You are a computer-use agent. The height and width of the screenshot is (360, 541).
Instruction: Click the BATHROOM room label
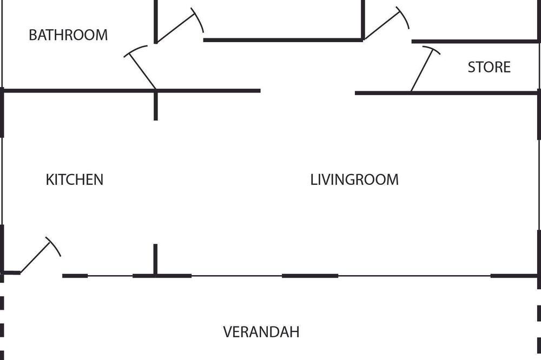[x=68, y=35]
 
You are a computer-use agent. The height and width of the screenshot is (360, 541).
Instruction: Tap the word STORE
[x=489, y=67]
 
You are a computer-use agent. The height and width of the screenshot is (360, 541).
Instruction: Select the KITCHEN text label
[x=75, y=179]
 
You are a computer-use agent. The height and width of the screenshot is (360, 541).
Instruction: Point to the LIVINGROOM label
[x=354, y=179]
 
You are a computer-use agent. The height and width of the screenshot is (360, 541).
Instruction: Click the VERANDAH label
[x=261, y=332]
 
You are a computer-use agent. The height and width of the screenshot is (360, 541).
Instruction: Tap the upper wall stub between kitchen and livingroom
[x=156, y=105]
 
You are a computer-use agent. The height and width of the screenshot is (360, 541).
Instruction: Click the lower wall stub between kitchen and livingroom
[x=155, y=259]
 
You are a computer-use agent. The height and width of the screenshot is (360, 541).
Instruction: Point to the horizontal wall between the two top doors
[x=283, y=40]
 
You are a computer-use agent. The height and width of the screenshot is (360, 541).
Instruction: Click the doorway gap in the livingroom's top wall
[x=307, y=92]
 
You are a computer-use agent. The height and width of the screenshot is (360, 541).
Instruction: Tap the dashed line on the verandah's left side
[x=2, y=324]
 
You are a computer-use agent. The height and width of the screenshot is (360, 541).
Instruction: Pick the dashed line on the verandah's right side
[x=539, y=324]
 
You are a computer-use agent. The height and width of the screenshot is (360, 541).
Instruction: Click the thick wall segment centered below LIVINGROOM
[x=310, y=276]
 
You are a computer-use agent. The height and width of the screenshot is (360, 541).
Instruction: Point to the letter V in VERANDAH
[x=228, y=332]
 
